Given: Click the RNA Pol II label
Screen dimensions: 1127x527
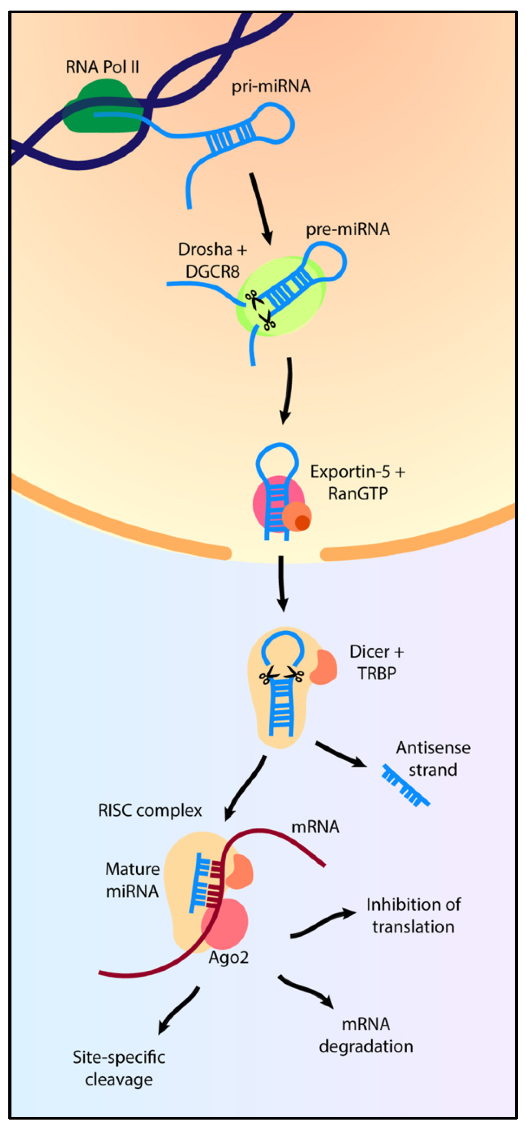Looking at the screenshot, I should [x=102, y=67].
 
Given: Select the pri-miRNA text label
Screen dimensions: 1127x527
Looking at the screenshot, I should [x=271, y=86].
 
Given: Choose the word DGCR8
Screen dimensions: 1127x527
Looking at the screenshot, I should [x=213, y=272].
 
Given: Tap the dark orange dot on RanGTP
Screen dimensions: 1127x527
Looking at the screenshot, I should [x=302, y=522].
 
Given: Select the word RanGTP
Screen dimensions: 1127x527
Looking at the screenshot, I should [x=358, y=494].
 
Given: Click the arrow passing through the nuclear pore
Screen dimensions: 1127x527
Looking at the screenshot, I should [x=282, y=582].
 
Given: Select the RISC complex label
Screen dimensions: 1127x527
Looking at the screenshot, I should [x=149, y=810].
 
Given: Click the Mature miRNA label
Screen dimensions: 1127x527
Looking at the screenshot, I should [x=132, y=880].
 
